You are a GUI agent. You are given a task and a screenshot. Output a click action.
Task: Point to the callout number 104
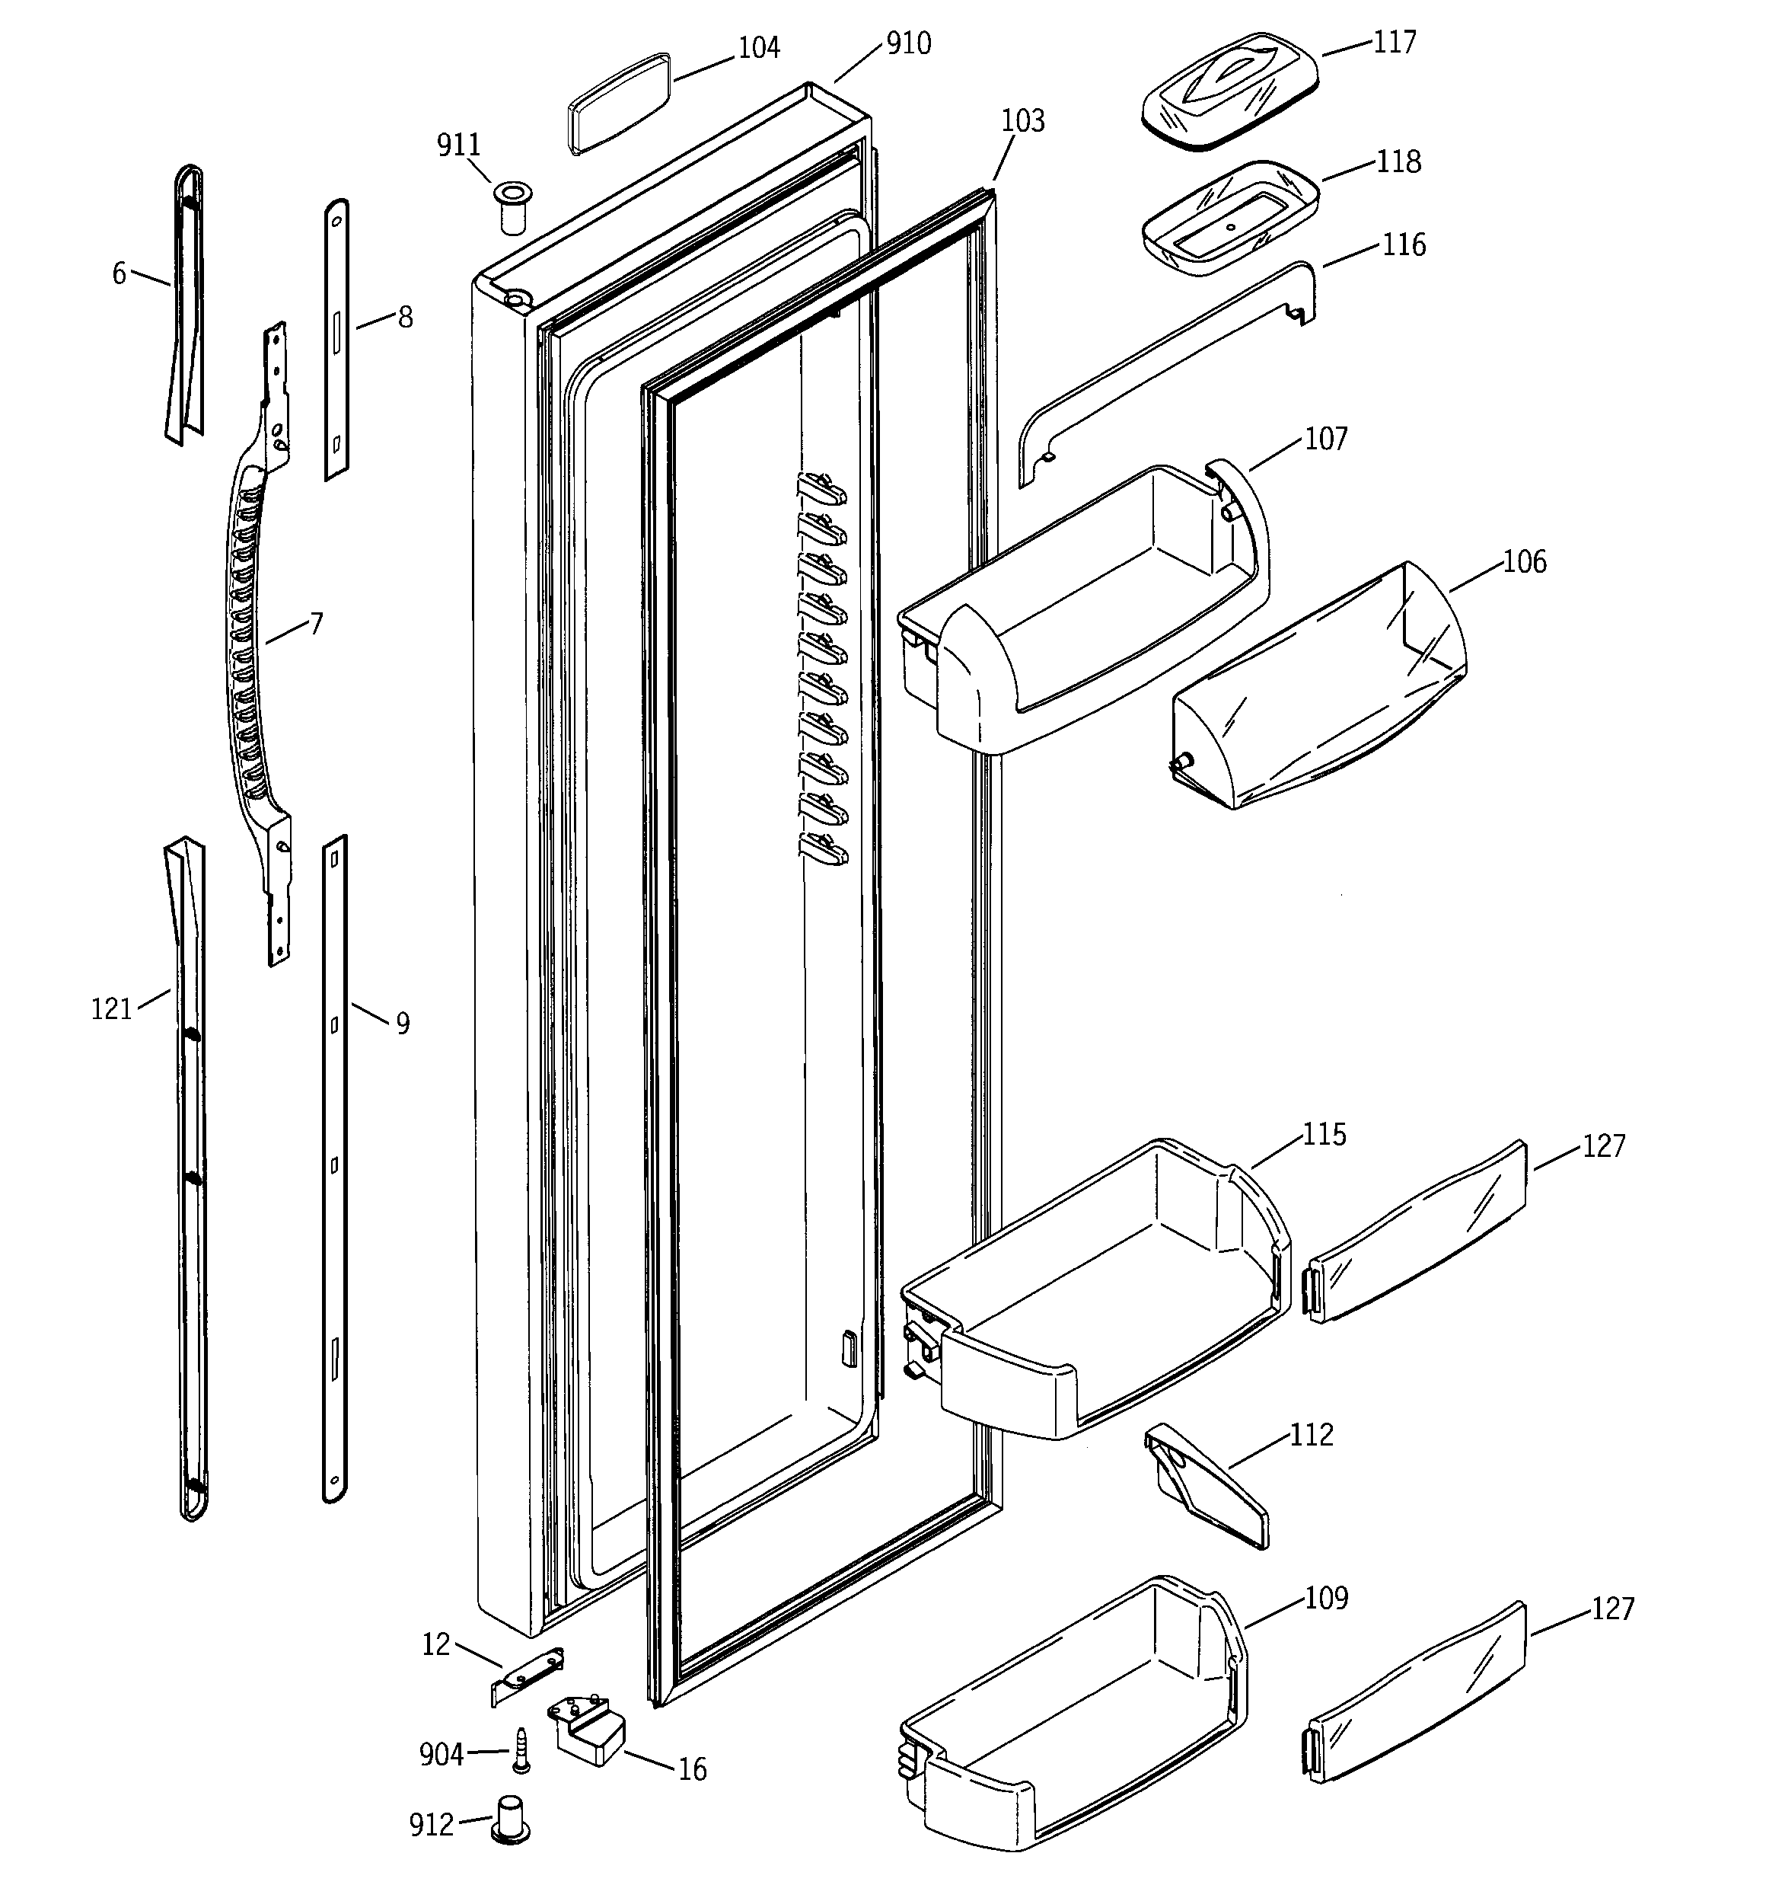click(758, 47)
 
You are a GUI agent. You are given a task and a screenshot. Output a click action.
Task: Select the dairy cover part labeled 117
click(1230, 91)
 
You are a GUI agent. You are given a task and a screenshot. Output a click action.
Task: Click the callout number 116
click(1403, 244)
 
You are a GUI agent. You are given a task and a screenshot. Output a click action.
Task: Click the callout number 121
click(111, 1010)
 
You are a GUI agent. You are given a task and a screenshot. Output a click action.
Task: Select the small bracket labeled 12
click(527, 1676)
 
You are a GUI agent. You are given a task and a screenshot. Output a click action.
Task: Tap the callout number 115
click(1323, 1134)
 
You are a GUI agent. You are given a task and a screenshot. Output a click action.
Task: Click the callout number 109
click(1325, 1598)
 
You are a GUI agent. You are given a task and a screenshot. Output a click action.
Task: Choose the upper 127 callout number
click(1603, 1145)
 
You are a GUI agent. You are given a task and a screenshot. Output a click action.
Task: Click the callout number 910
click(908, 43)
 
